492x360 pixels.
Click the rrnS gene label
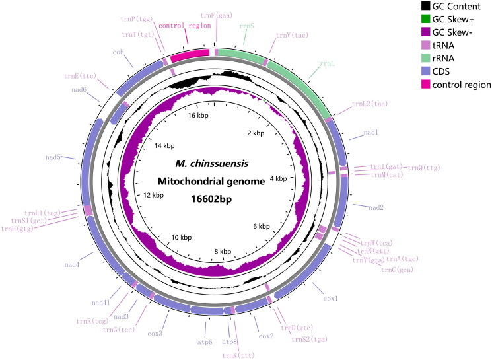tap(246, 27)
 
